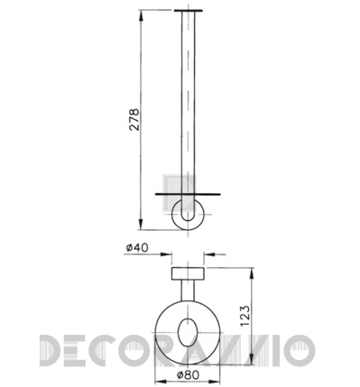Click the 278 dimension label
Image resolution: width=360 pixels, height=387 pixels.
click(x=134, y=120)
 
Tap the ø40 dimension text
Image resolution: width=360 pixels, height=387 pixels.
click(x=137, y=248)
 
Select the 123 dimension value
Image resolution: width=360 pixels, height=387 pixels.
click(x=245, y=316)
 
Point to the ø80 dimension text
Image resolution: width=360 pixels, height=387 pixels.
click(x=188, y=375)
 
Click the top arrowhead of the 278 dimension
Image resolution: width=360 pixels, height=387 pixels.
click(x=141, y=15)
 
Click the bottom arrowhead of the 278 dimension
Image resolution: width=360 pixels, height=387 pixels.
click(x=141, y=225)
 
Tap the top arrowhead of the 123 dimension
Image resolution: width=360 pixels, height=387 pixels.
click(x=252, y=273)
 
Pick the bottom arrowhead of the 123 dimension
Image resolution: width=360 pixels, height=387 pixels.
click(x=252, y=360)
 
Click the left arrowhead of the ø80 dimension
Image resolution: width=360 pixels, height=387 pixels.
click(x=161, y=382)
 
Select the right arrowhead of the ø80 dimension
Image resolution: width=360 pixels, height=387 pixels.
click(x=215, y=382)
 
